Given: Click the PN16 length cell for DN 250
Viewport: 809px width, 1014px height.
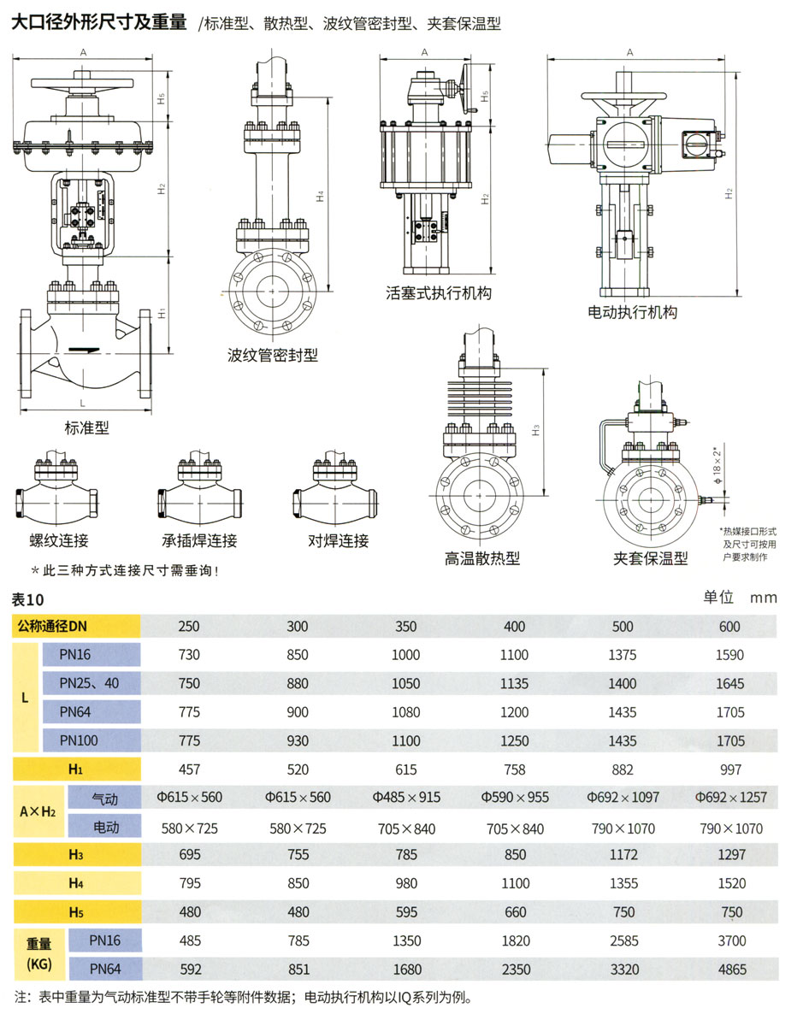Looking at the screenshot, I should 189,655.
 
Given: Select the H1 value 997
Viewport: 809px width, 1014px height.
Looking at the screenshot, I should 731,769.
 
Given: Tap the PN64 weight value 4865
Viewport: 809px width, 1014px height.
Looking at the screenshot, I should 731,970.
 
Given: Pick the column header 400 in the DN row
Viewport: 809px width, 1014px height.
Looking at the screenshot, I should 515,627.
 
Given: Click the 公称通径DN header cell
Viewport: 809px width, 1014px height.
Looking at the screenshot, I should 76,627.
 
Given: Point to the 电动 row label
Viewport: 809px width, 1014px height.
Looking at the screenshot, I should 104,827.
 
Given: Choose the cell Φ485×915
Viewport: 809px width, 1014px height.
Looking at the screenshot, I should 406,798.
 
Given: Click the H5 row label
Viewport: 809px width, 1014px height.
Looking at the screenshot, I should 76,912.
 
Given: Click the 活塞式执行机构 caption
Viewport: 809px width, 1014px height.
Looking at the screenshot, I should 439,293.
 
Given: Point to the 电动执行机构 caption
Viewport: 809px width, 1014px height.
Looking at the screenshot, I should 632,313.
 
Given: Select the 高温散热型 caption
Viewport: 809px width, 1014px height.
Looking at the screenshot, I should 482,559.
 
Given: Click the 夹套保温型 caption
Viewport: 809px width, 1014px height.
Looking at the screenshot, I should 651,559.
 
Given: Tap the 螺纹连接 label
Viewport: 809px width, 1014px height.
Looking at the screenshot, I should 58,540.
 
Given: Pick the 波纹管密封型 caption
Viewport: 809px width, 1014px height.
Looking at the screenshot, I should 272,354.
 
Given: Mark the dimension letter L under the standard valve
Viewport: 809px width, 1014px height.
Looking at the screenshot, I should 83,401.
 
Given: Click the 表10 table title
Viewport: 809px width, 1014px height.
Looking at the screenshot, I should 28,598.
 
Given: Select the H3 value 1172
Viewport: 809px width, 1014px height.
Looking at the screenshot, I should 623,855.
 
